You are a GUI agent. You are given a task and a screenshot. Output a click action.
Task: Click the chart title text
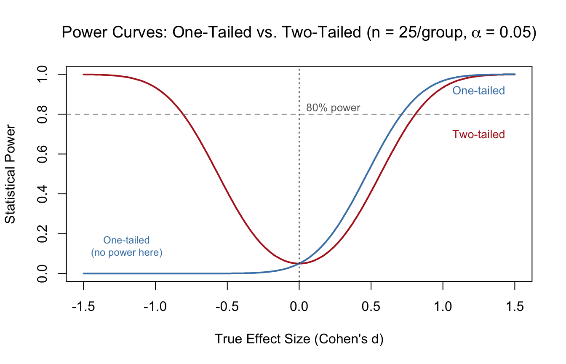(299, 32)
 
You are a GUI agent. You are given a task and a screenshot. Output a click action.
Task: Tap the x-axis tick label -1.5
(83, 306)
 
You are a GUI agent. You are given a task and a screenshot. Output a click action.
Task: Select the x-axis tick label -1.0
(155, 306)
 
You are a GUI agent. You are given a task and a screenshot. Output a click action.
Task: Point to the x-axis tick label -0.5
(227, 306)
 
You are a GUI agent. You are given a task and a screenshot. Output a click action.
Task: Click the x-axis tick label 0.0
(299, 306)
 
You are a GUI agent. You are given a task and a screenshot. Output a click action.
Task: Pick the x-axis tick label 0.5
(371, 306)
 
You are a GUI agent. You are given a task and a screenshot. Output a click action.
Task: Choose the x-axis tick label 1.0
(443, 306)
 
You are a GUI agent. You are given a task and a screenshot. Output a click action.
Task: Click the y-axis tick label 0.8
(44, 114)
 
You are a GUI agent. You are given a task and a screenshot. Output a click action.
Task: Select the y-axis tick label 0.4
(44, 194)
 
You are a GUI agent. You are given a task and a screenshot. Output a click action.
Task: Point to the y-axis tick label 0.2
(44, 234)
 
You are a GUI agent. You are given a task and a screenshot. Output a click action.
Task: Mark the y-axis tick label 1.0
(44, 75)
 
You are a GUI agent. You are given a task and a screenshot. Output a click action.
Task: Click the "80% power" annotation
(333, 108)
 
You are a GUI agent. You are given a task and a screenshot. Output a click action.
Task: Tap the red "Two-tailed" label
(478, 134)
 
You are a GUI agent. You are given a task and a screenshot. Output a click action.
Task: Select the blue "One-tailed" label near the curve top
(478, 91)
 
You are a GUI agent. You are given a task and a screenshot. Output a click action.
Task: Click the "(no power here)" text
(127, 253)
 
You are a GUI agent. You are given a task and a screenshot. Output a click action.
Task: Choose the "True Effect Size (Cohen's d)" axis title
(299, 339)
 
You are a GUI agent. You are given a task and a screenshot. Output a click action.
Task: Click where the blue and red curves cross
(299, 263)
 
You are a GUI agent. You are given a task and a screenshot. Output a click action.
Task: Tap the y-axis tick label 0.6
(44, 154)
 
